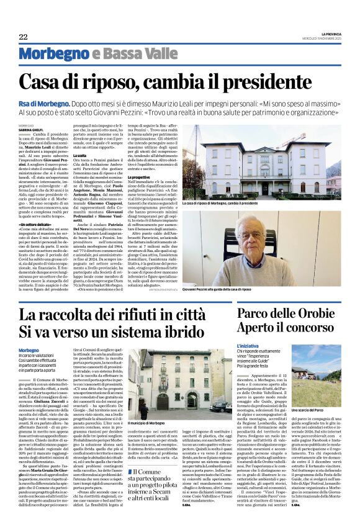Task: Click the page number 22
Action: (23, 37)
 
